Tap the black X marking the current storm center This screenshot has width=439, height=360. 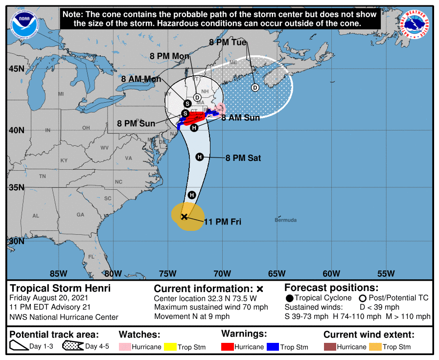[184, 216]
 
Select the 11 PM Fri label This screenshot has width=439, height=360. [222, 222]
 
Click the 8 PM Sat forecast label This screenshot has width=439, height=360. [243, 158]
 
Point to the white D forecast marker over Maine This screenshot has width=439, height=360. [254, 88]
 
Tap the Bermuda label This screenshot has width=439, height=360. [285, 220]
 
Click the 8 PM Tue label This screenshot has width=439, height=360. [228, 43]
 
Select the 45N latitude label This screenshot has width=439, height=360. [16, 68]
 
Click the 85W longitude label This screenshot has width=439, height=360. [58, 273]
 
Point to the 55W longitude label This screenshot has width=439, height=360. [386, 273]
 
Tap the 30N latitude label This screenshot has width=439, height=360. [16, 241]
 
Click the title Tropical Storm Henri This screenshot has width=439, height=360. [61, 288]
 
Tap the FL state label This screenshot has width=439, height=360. [91, 256]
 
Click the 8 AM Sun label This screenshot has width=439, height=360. [240, 118]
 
